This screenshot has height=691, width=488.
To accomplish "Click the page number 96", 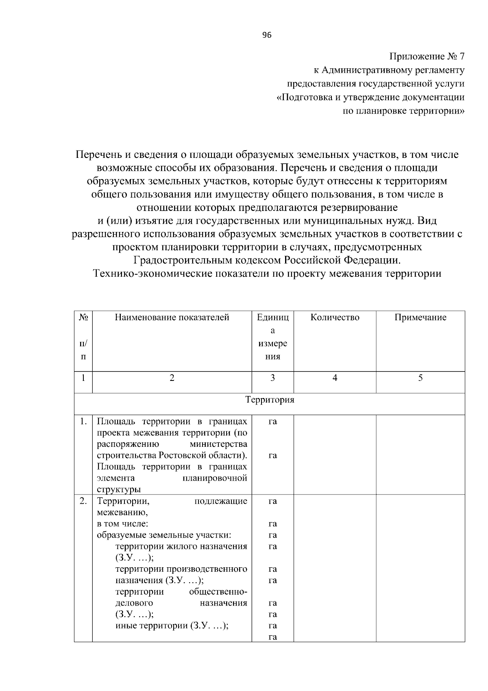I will [267, 35].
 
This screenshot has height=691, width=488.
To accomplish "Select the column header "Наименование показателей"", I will [172, 317].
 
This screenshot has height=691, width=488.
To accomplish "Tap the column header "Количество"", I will [335, 317].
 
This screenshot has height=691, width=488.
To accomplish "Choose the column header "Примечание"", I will [420, 317].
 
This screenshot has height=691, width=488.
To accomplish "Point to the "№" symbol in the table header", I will [83, 317].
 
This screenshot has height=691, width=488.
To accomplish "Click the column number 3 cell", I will [272, 378].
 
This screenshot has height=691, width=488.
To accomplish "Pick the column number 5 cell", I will [420, 378].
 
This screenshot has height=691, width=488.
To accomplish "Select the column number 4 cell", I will [335, 378].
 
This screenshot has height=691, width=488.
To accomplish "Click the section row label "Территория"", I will [270, 400].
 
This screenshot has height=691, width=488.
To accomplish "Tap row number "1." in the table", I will [83, 422].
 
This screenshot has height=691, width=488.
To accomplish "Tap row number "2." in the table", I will [83, 501].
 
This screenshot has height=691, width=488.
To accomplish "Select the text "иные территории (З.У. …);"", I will [172, 625].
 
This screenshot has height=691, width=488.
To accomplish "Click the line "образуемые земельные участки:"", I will [164, 535].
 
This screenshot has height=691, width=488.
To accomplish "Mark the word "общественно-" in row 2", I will [218, 591].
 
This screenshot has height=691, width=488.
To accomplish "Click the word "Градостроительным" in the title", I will [183, 260].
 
